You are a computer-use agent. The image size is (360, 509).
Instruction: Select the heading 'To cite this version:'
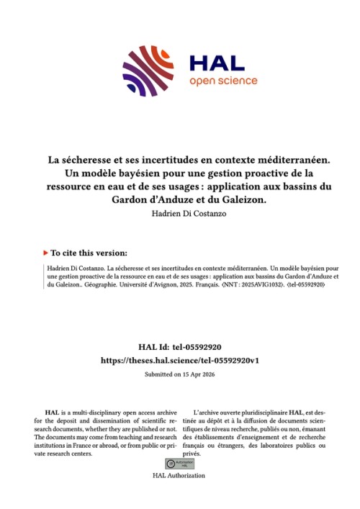[x=90, y=253]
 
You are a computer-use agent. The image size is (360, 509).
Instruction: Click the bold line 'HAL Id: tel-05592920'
[x=180, y=346]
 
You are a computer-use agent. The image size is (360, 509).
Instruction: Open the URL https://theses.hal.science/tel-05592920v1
[x=180, y=360]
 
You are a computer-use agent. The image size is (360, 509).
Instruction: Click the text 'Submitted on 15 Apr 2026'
[x=180, y=374]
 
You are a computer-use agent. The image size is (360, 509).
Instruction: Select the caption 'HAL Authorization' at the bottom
[x=179, y=475]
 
